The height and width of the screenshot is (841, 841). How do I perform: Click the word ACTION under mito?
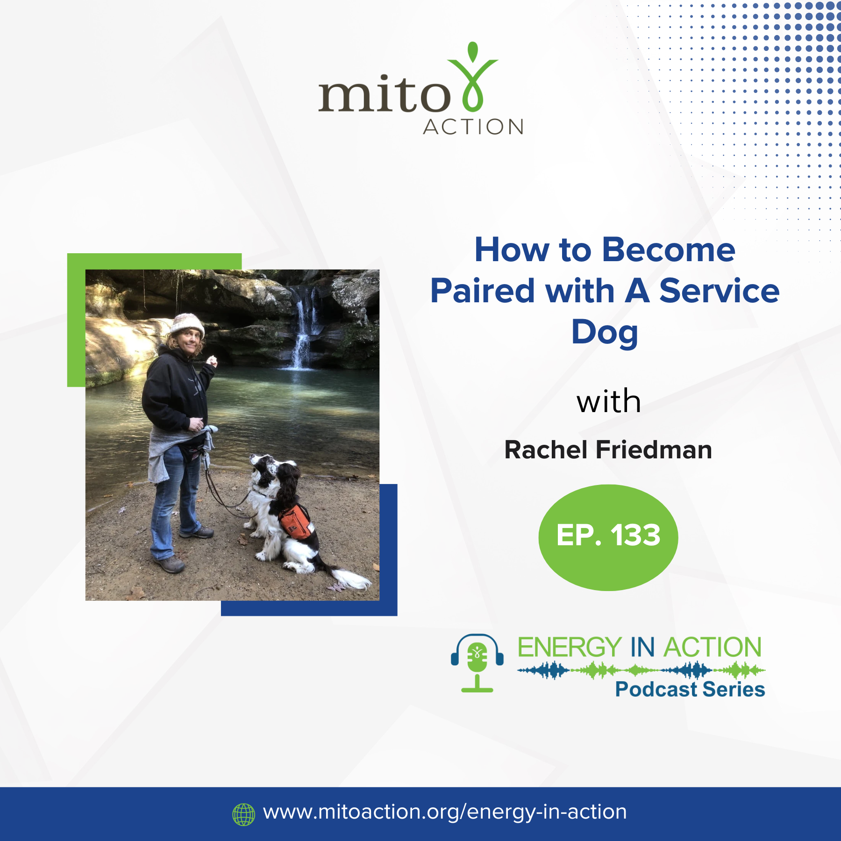(x=473, y=127)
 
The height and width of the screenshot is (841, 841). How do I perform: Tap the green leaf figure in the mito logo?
(x=472, y=77)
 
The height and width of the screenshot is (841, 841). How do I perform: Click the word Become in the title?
(x=669, y=250)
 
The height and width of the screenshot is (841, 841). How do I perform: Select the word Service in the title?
(x=720, y=291)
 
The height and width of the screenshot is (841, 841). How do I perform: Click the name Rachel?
(x=546, y=450)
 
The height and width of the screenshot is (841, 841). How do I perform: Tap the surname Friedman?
(x=654, y=450)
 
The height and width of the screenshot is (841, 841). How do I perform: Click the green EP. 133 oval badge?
(x=608, y=537)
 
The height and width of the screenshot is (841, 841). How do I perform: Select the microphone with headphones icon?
(x=477, y=663)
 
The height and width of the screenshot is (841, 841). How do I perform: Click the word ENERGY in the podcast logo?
(x=570, y=647)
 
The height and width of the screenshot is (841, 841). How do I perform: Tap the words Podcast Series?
(x=690, y=689)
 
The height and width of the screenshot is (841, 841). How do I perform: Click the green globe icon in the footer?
(x=243, y=814)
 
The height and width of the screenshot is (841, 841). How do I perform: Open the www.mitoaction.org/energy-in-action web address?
(x=445, y=812)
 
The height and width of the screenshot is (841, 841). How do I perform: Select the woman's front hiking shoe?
(x=169, y=564)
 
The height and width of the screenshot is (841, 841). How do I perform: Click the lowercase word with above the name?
(x=608, y=401)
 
